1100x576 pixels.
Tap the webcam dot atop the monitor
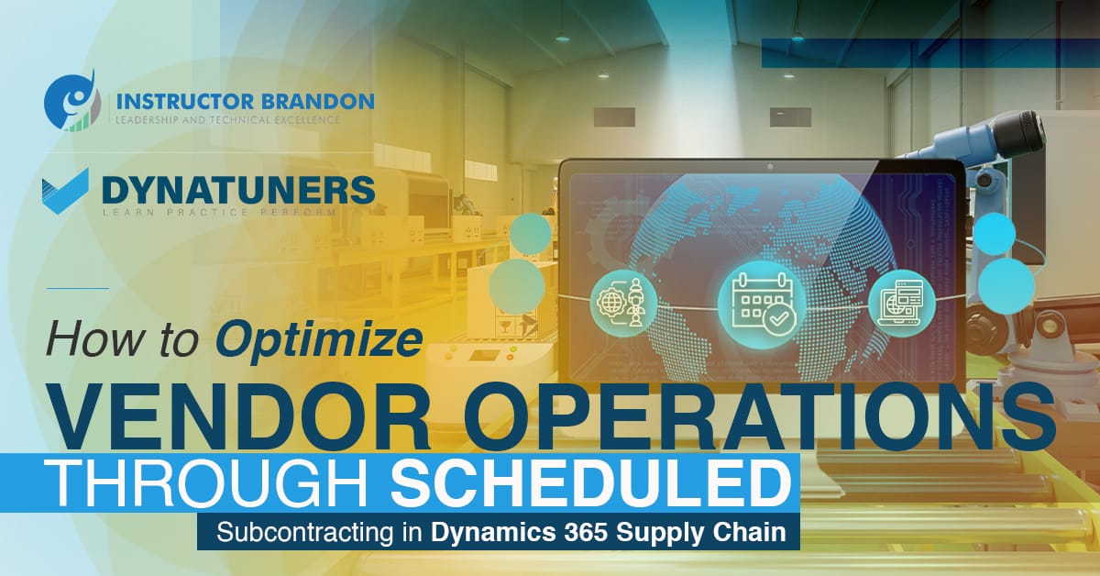(x=768, y=167)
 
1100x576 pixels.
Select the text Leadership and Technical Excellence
(x=225, y=118)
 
